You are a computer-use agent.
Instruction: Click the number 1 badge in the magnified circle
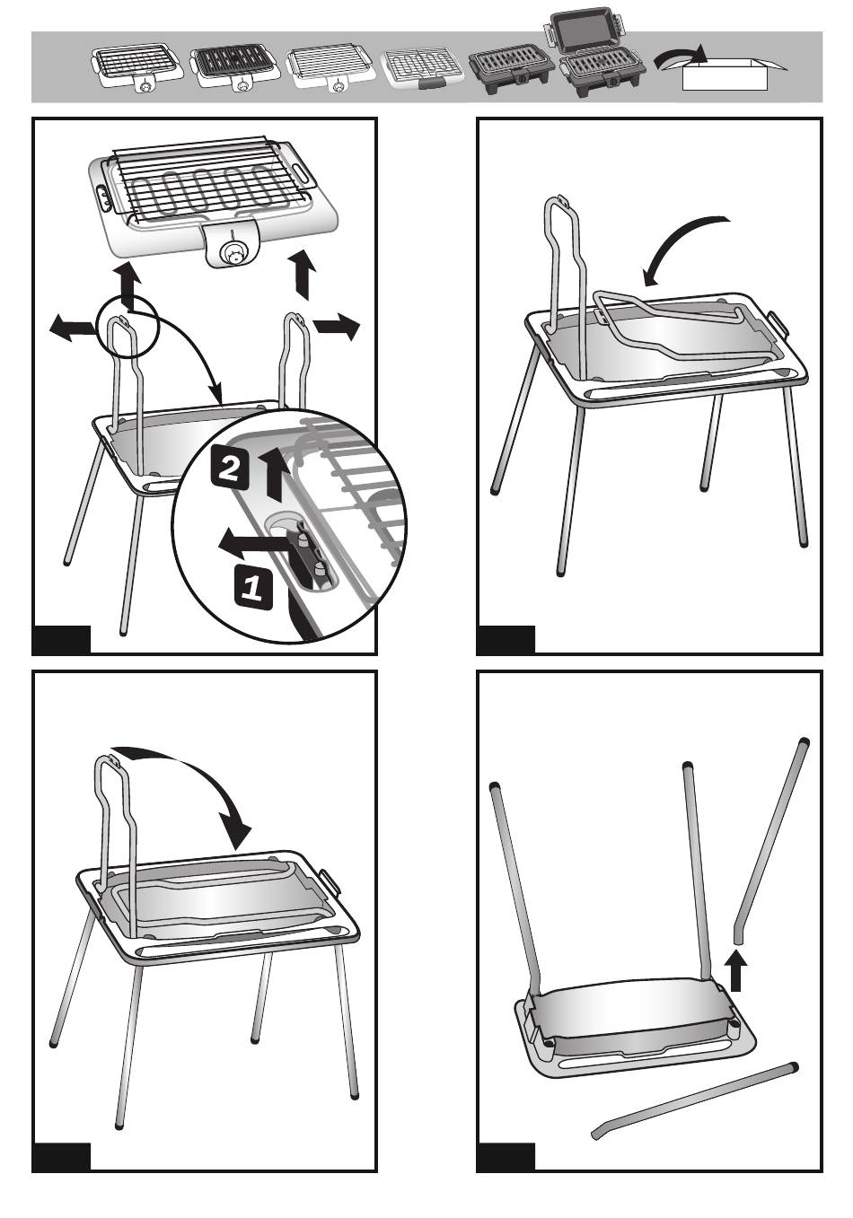pos(254,587)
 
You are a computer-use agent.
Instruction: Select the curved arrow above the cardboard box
pos(680,56)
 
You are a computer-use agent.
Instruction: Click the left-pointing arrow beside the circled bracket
pos(73,329)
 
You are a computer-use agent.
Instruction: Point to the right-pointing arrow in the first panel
pos(337,326)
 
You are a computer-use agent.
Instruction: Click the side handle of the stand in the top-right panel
pos(778,323)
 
